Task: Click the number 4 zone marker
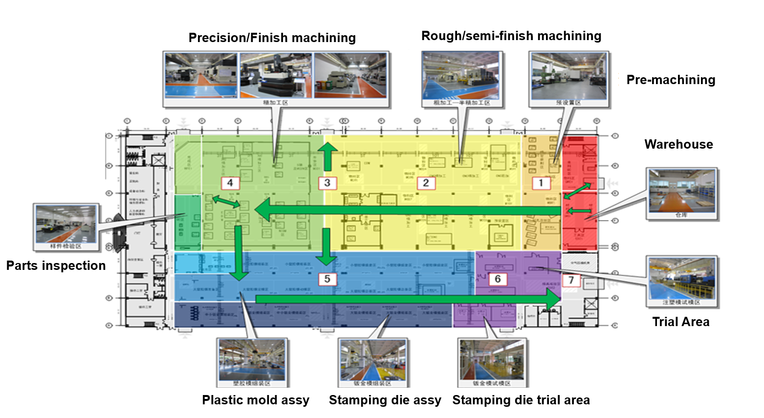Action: pos(230,183)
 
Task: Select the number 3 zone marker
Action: pos(327,183)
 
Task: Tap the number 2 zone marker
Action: pos(426,183)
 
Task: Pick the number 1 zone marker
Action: pos(541,183)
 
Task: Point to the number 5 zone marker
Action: pos(327,279)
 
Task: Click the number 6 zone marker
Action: pos(498,279)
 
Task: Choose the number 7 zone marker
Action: pos(571,280)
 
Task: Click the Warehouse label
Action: pos(678,144)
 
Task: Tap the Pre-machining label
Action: pos(671,80)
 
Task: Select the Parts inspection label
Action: pos(56,265)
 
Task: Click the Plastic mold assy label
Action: pos(256,400)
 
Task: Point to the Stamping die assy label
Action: pos(385,400)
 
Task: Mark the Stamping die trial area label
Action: pos(521,400)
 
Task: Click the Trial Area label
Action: pos(680,322)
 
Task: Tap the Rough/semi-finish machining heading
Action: pos(511,36)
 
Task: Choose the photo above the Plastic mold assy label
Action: pos(252,360)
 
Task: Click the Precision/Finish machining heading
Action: pos(272,38)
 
